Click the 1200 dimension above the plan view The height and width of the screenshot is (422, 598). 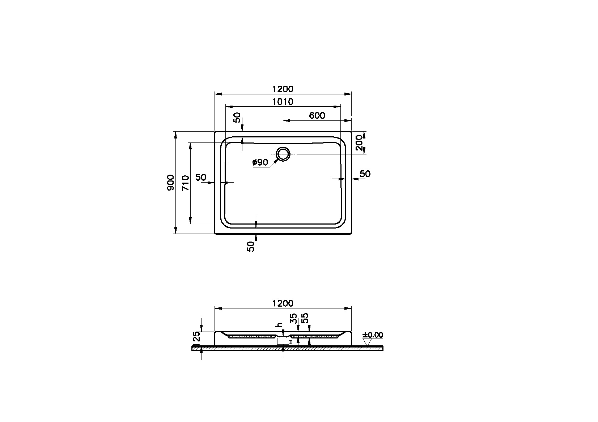283,89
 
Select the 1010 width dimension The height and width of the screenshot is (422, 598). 283,102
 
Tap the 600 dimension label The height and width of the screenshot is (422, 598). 317,116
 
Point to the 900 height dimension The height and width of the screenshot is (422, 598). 171,182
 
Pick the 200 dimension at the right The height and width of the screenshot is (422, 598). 360,142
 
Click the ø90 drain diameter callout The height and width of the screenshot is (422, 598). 260,163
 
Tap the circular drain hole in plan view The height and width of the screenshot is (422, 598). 283,154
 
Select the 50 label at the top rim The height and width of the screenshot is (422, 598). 237,118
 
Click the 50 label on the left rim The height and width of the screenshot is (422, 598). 201,178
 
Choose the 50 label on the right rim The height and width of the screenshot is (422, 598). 365,174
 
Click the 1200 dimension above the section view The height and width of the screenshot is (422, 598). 283,303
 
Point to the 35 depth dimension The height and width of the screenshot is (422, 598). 294,319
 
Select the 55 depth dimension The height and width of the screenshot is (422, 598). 305,319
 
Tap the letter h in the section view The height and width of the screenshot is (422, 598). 279,325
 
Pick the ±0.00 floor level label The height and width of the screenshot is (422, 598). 373,335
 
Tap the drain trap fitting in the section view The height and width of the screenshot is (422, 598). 283,341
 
